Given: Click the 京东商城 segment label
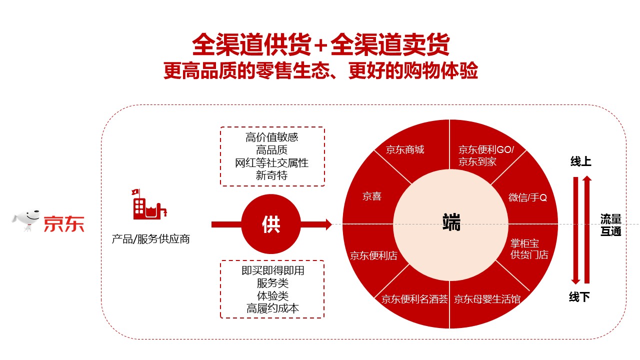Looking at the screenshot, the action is (x=405, y=149).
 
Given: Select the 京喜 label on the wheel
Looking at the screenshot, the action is (x=371, y=196).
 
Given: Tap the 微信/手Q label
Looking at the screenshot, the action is (x=527, y=197).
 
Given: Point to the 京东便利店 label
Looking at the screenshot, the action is (x=373, y=255).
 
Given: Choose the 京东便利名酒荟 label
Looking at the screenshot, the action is (x=414, y=299).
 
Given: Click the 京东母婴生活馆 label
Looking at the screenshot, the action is (x=487, y=299).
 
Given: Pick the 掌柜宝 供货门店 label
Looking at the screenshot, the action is (x=529, y=249).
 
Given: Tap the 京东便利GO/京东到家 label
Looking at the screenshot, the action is (x=486, y=155).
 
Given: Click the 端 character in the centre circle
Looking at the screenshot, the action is (x=451, y=222).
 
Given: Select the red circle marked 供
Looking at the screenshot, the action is (x=271, y=224).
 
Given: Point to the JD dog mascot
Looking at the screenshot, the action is (x=25, y=220).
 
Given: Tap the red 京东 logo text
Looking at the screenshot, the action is (x=64, y=223).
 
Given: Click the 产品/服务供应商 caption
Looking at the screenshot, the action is (x=150, y=239).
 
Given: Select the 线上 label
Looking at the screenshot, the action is (x=580, y=161).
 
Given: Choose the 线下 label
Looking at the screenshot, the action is (x=579, y=297).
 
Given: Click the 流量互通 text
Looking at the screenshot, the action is (x=611, y=225).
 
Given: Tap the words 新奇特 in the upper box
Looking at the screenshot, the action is (x=271, y=175).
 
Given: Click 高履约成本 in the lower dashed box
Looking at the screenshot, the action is (x=272, y=308).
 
